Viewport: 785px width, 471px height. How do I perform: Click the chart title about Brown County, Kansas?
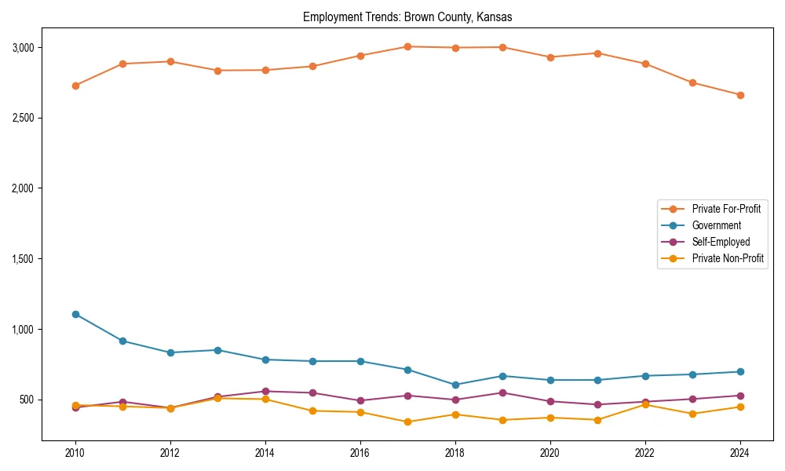click(x=407, y=16)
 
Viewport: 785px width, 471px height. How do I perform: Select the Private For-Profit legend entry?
click(x=725, y=209)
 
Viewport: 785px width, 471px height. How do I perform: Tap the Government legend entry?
click(x=716, y=225)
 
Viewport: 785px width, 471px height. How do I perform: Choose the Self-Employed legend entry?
click(x=721, y=242)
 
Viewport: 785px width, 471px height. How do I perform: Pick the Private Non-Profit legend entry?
click(x=728, y=258)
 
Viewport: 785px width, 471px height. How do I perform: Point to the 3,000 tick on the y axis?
click(x=24, y=47)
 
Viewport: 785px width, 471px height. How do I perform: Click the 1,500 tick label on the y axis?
click(x=24, y=259)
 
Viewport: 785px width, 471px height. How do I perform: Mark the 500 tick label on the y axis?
click(x=27, y=400)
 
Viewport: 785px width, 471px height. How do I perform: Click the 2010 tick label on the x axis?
click(x=75, y=453)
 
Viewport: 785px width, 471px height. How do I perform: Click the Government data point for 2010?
click(x=75, y=314)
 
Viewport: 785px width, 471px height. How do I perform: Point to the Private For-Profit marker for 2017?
click(x=407, y=46)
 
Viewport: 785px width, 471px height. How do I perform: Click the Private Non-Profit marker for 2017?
click(x=407, y=422)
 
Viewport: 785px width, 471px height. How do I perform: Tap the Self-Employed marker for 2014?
click(x=265, y=391)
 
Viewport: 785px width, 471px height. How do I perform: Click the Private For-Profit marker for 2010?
click(x=75, y=86)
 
